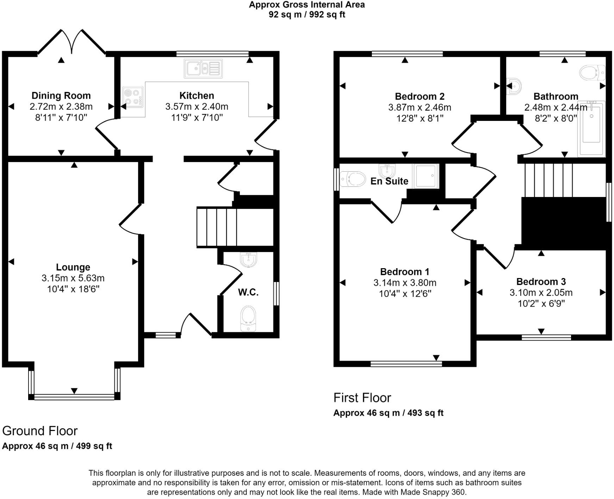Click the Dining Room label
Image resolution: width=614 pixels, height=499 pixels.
(x=61, y=96)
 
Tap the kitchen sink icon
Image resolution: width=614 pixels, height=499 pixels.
(x=203, y=68)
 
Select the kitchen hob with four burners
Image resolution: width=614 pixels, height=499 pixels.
(x=133, y=97)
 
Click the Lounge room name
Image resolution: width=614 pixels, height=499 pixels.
(x=73, y=267)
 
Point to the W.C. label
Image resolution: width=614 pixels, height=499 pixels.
(x=248, y=292)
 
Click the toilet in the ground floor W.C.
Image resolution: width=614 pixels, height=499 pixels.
(x=248, y=318)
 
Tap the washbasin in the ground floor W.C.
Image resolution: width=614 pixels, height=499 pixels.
(x=249, y=260)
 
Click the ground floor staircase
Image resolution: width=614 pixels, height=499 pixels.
(x=235, y=227)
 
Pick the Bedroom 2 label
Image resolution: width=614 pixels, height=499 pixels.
(x=420, y=96)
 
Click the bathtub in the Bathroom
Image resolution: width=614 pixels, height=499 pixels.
(x=591, y=129)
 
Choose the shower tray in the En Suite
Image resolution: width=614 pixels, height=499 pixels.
(x=426, y=175)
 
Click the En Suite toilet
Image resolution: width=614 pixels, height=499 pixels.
(x=353, y=179)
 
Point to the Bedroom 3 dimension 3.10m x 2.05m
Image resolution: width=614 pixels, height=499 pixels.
(x=541, y=292)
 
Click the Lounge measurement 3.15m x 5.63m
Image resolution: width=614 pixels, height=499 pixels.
(x=73, y=278)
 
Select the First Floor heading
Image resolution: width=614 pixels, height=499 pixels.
(x=362, y=398)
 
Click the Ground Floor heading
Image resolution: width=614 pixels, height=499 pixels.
(x=40, y=431)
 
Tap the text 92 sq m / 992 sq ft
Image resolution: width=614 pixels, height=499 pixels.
(x=307, y=14)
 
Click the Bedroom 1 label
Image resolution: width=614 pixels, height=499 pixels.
(x=405, y=272)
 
